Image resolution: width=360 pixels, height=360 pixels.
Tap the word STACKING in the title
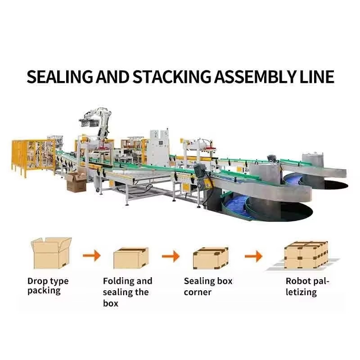[171, 77]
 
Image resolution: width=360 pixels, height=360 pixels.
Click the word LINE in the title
[315, 77]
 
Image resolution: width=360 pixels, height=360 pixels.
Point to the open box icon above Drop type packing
[51, 253]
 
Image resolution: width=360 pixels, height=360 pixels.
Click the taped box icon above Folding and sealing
[131, 257]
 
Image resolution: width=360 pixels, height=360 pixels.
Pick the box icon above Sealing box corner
[210, 258]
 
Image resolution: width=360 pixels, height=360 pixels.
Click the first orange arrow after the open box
[91, 256]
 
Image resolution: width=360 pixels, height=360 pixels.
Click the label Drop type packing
[48, 286]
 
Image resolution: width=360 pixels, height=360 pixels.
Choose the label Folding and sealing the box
[127, 292]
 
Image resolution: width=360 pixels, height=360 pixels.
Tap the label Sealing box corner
[208, 286]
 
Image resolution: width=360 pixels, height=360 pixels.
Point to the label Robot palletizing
[307, 287]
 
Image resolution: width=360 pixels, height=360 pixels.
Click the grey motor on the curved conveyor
[199, 170]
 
